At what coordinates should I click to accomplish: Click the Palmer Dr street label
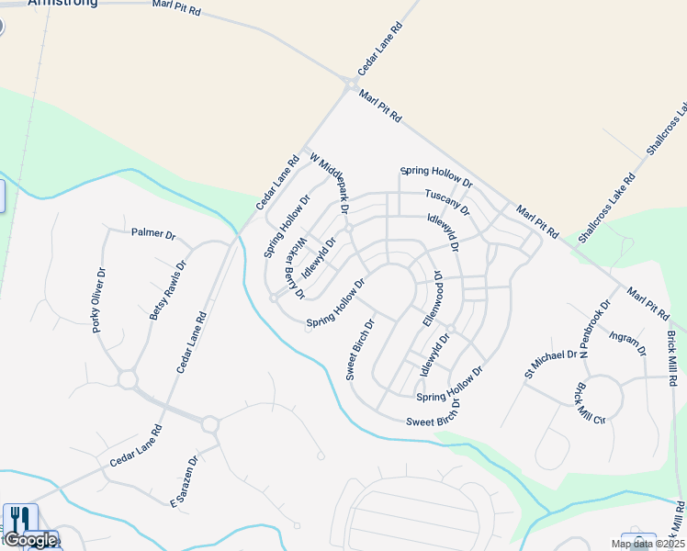pyautogui.click(x=152, y=233)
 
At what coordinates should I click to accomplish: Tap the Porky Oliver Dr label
pyautogui.click(x=100, y=299)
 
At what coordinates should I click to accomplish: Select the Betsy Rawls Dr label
pyautogui.click(x=167, y=291)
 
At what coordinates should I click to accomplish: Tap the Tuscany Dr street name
pyautogui.click(x=447, y=202)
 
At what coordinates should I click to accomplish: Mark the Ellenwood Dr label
pyautogui.click(x=433, y=298)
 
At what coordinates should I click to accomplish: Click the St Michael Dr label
pyautogui.click(x=550, y=364)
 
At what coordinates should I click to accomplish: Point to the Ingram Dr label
pyautogui.click(x=628, y=343)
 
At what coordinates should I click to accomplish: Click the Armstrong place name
pyautogui.click(x=62, y=3)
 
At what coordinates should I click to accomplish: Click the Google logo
pyautogui.click(x=29, y=540)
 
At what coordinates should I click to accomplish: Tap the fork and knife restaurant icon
pyautogui.click(x=20, y=519)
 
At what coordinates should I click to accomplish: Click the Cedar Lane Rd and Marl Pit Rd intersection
pyautogui.click(x=351, y=84)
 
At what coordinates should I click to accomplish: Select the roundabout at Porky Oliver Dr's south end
pyautogui.click(x=127, y=378)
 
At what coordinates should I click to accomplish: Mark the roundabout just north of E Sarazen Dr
pyautogui.click(x=209, y=424)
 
